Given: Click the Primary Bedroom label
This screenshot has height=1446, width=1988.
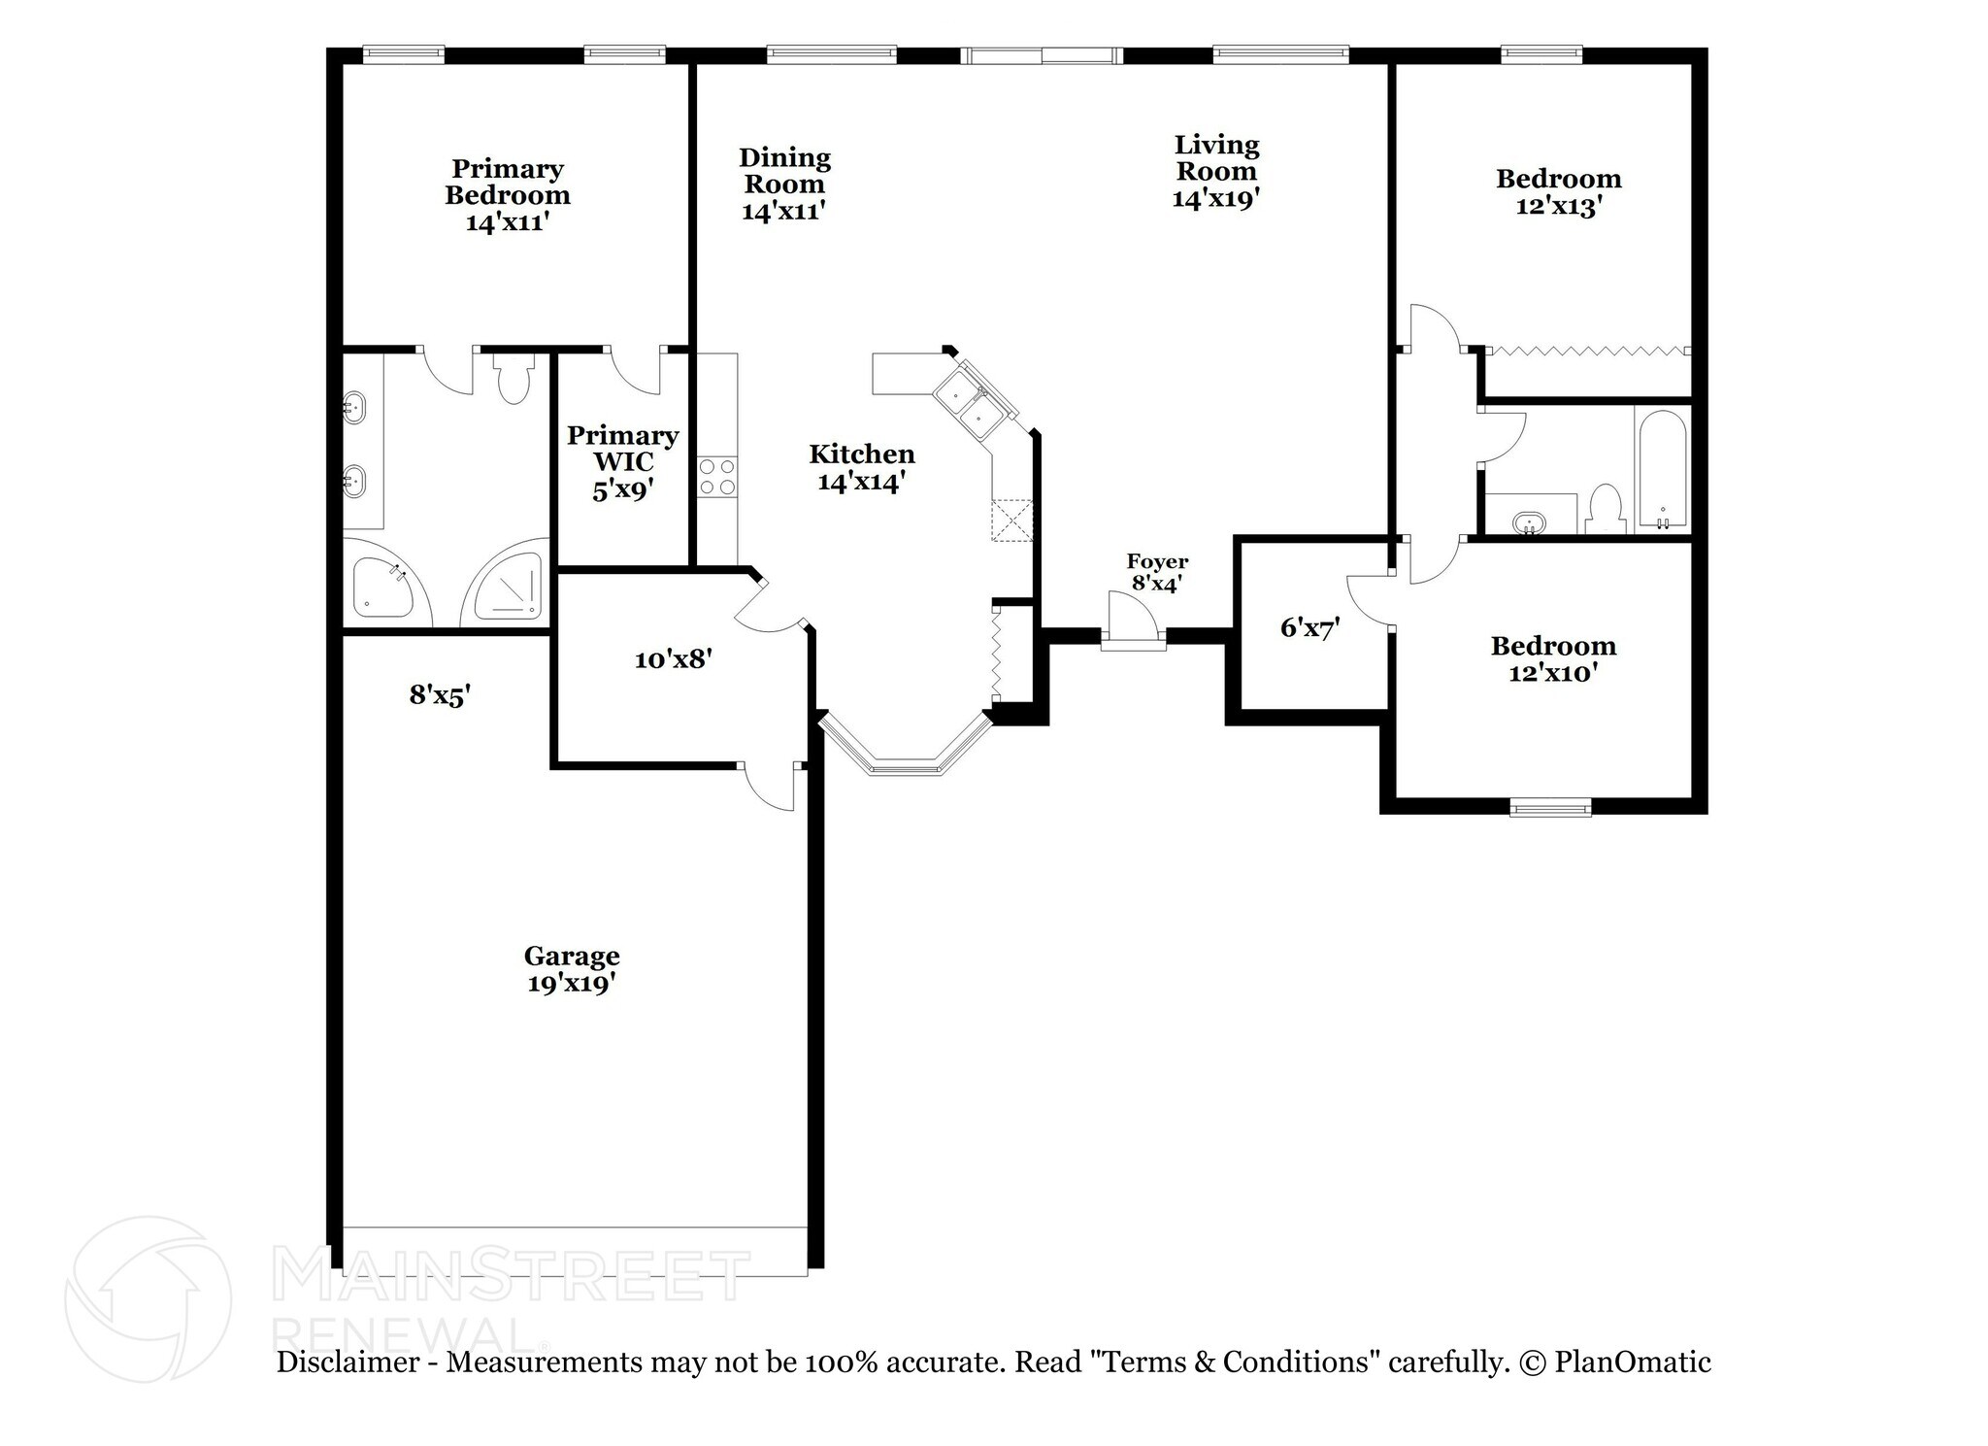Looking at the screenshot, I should click(x=508, y=195).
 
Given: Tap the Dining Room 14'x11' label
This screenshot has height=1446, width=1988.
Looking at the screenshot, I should click(x=784, y=184).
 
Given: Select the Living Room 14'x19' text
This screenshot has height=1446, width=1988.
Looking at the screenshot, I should click(x=1216, y=171).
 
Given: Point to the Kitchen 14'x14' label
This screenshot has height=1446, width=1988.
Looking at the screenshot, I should click(x=862, y=467).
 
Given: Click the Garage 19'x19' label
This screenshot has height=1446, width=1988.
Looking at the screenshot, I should click(x=572, y=969).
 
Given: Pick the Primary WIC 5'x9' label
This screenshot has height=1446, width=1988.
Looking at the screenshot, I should click(x=622, y=461).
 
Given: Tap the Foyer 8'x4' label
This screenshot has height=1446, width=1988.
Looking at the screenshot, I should click(x=1157, y=572).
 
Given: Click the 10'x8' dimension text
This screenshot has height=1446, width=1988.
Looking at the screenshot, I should click(x=674, y=659).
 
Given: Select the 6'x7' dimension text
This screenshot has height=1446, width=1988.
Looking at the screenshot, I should click(x=1309, y=628).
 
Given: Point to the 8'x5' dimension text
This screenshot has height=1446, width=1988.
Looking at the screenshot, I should click(x=440, y=694).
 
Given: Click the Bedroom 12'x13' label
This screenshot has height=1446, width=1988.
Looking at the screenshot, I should click(x=1558, y=192).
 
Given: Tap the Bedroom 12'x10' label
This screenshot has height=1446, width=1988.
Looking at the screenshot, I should click(x=1553, y=658).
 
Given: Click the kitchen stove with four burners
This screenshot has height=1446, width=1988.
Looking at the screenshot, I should click(x=717, y=477).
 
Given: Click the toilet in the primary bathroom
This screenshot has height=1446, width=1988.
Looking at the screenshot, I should click(x=513, y=379).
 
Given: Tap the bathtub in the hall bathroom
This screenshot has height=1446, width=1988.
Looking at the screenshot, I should click(x=1662, y=469).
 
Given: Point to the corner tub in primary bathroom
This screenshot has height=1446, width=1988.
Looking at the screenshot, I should click(x=381, y=588).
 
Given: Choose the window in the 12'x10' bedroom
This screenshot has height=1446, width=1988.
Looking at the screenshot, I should click(x=1550, y=806).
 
